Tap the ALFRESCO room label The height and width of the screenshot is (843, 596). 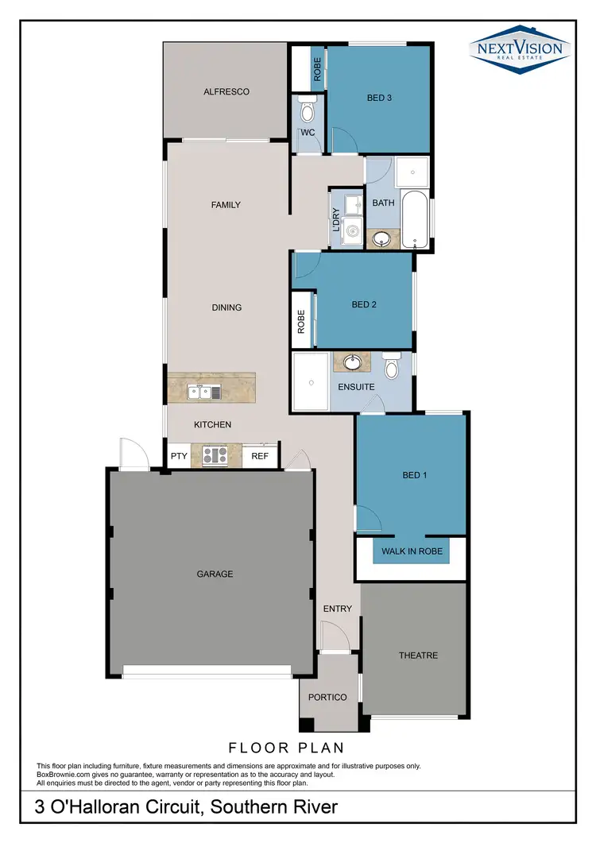point(226,91)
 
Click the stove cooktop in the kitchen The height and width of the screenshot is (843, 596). point(215,456)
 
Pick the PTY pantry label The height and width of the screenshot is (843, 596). point(179,456)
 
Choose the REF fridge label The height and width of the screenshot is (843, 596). point(260,456)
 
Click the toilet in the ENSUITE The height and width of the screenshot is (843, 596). point(391,367)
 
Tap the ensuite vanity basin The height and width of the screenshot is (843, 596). point(351,363)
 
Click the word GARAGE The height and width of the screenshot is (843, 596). point(215,574)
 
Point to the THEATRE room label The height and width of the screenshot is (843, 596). point(418,655)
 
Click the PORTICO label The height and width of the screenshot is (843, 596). point(328,697)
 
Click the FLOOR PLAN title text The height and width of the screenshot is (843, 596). point(286,748)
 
